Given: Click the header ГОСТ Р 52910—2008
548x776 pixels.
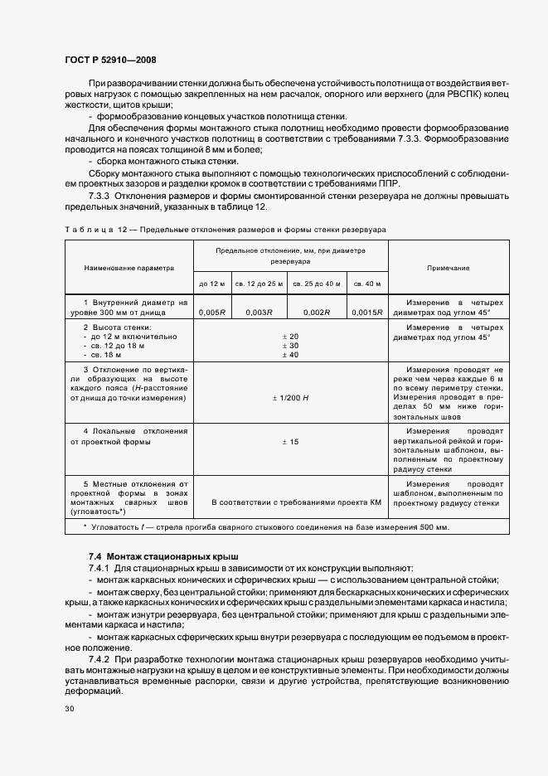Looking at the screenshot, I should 109,59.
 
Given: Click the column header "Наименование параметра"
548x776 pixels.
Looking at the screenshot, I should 129,269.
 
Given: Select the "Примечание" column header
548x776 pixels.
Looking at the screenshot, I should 448,269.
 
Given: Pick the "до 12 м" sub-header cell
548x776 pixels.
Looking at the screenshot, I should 212,284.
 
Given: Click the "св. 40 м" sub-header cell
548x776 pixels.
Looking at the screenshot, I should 367,284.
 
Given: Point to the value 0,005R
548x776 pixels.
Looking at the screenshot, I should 212,312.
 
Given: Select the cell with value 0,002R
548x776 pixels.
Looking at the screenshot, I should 317,312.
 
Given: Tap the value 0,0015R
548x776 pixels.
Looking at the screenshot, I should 367,312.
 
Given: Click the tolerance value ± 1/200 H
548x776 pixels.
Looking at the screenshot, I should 290,399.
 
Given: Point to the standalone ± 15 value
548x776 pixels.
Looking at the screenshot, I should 290,443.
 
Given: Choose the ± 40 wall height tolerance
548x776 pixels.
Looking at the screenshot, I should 290,355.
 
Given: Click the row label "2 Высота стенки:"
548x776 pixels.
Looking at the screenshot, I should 116,327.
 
